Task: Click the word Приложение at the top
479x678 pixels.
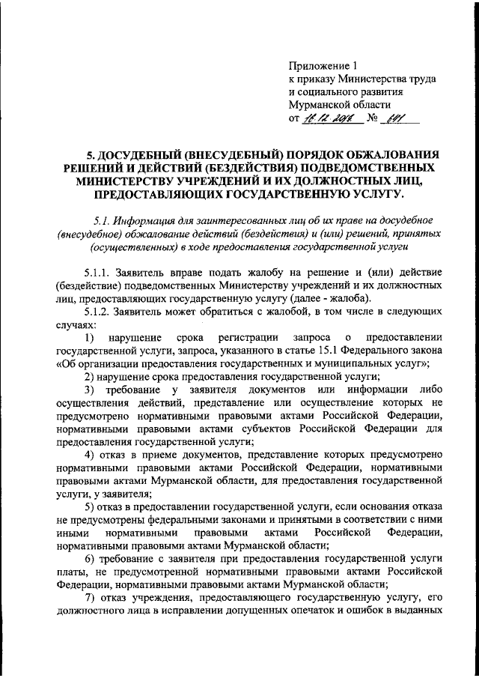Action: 314,66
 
